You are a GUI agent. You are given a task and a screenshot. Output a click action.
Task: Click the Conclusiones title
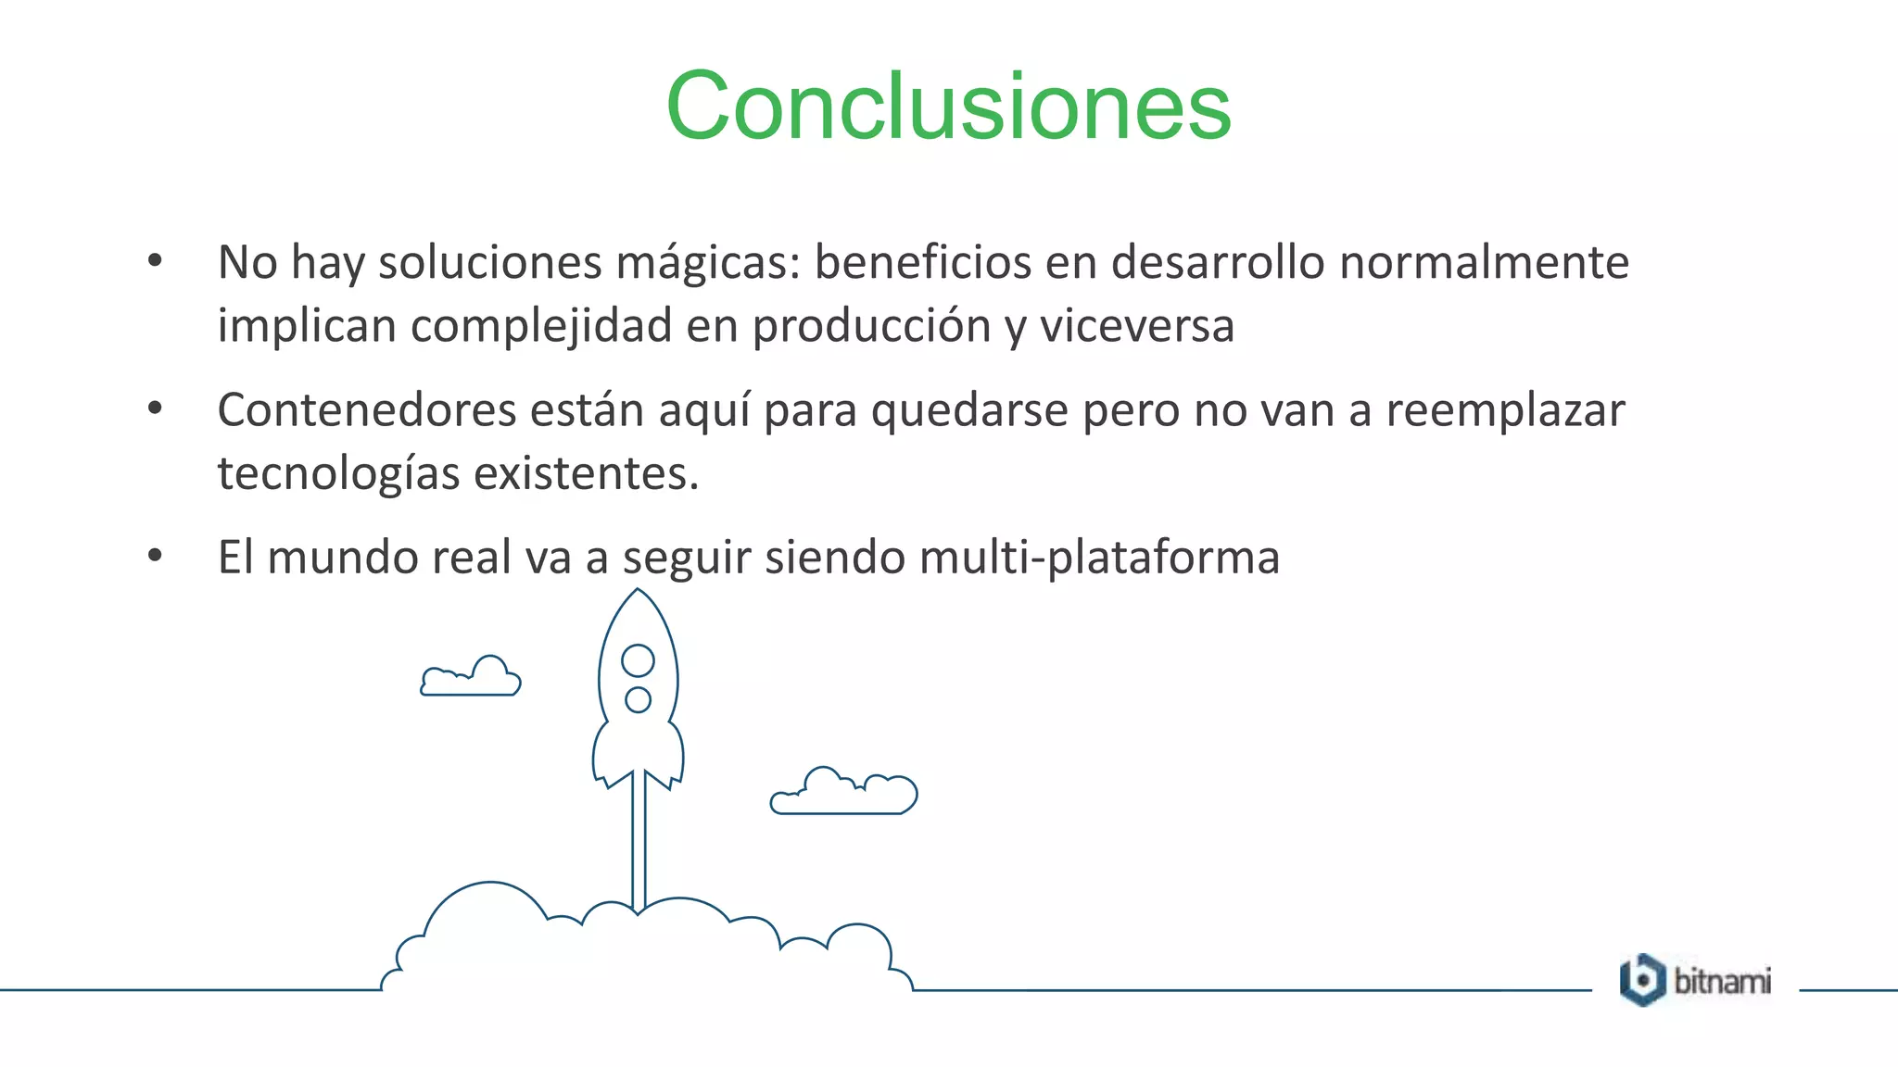[x=948, y=107]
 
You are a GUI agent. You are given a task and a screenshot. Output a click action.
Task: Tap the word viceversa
[x=1136, y=326]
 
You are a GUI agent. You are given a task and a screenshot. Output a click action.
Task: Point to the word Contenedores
[x=366, y=410]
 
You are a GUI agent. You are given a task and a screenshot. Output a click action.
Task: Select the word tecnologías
[x=338, y=473]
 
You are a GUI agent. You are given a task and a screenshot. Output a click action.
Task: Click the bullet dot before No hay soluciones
[x=155, y=260]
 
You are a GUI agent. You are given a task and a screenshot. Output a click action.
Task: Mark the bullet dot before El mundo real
[x=155, y=556]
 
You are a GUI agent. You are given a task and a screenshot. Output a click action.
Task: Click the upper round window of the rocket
[x=638, y=660]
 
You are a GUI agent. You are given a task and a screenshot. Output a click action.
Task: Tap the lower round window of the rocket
[x=638, y=699]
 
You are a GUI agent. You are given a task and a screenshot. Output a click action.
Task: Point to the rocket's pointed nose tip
[x=638, y=592]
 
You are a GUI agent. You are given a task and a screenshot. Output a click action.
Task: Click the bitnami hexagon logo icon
[x=1642, y=980]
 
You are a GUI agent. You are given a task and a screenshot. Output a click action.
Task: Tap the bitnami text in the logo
[x=1722, y=981]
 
